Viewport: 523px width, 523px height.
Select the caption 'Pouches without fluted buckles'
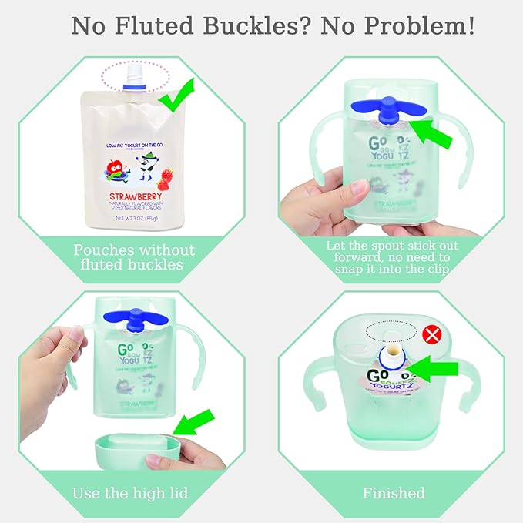(x=134, y=257)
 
